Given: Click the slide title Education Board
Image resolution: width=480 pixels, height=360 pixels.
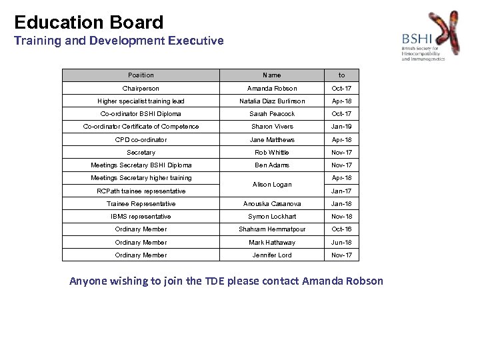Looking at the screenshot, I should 88,23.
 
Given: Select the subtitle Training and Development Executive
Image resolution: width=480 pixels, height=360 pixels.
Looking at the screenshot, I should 119,41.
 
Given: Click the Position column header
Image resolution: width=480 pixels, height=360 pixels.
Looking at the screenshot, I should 141,75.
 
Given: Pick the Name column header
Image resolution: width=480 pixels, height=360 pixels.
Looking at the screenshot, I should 272,75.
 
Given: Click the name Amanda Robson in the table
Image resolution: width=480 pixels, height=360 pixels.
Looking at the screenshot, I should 272,89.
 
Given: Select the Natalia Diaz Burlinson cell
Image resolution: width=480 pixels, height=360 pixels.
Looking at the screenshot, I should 272,101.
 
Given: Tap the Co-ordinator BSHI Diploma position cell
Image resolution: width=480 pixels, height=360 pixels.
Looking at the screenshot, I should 141,114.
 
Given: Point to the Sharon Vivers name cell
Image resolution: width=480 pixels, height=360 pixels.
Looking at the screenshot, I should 272,127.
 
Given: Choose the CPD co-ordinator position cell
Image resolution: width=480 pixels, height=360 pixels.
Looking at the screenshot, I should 141,140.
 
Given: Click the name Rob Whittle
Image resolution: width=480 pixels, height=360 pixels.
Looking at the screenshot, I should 272,153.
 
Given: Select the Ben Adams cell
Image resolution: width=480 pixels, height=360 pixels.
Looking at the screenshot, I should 272,165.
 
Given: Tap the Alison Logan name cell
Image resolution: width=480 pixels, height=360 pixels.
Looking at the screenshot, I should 272,184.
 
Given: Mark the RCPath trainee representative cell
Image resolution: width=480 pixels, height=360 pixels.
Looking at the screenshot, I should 141,191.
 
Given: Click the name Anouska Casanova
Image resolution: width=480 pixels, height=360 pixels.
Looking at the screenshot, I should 272,204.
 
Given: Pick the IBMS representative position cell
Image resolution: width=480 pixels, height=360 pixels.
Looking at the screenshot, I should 141,217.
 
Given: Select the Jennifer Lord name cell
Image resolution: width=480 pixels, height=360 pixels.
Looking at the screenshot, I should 272,255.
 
